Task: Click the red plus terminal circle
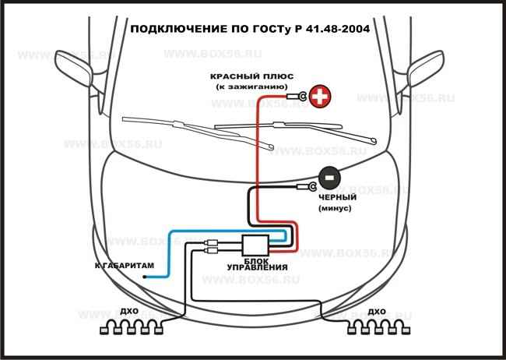point(319,97)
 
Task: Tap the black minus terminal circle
point(329,178)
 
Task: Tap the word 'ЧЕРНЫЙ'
point(336,199)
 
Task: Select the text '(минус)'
point(336,210)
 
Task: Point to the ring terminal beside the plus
point(299,97)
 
